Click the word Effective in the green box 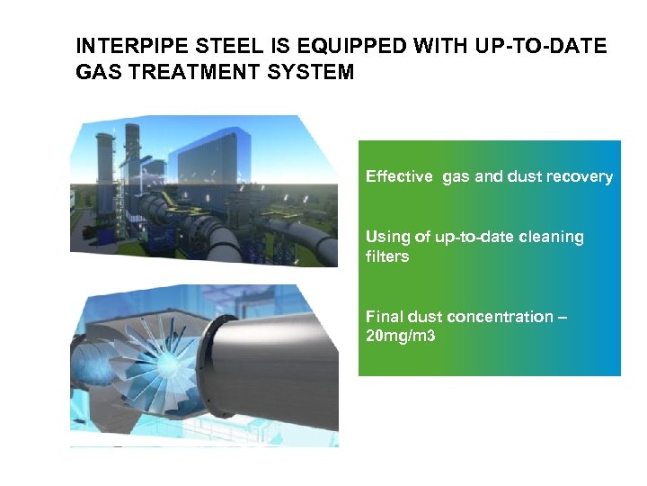pos(399,177)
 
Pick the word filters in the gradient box pos(386,257)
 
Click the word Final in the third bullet pos(385,317)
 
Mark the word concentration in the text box pos(503,317)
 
